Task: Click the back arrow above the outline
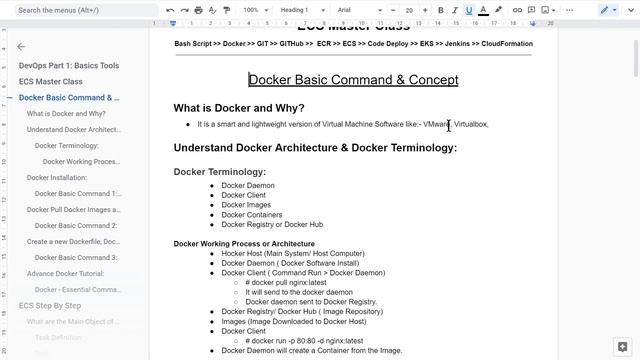(x=21, y=46)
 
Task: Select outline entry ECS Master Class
(x=51, y=81)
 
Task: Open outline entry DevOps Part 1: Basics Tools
(x=69, y=65)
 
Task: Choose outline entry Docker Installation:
(x=57, y=177)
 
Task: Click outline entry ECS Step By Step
(x=50, y=305)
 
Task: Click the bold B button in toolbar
(x=440, y=10)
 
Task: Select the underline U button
(x=468, y=10)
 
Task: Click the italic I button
(x=454, y=10)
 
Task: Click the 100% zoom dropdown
(x=254, y=10)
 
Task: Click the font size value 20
(x=409, y=10)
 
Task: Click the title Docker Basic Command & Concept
(x=353, y=80)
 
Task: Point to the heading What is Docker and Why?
(x=239, y=108)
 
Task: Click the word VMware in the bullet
(x=436, y=124)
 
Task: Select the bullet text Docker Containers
(x=251, y=215)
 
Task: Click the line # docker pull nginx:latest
(x=285, y=282)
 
